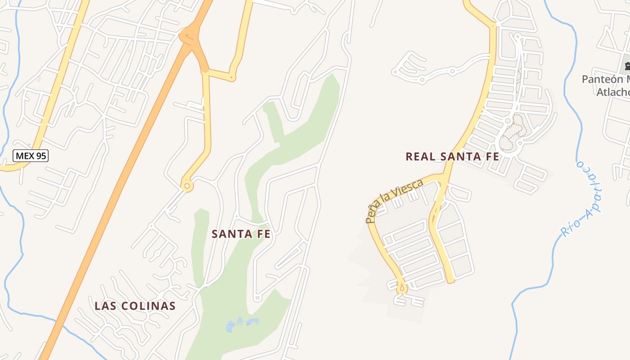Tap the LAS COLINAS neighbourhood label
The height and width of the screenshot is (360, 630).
click(135, 306)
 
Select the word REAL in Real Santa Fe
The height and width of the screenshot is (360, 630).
click(421, 157)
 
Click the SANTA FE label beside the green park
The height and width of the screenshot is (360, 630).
click(241, 234)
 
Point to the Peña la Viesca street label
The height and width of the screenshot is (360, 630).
click(394, 201)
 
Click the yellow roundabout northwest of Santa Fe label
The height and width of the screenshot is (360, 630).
click(186, 185)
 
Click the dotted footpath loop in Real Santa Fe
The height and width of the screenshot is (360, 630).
click(513, 130)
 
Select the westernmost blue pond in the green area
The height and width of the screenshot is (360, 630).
click(231, 326)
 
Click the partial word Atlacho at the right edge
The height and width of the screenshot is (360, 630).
click(613, 92)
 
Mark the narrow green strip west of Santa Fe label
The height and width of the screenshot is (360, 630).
click(199, 247)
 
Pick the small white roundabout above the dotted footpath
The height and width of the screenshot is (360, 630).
click(508, 121)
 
